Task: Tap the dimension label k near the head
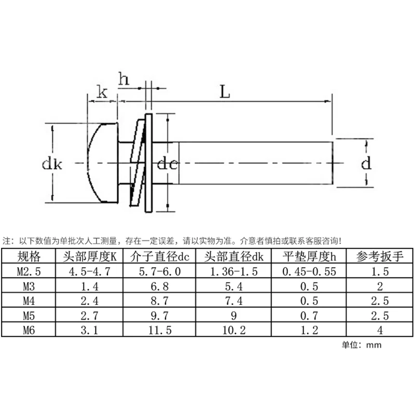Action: pos(103,93)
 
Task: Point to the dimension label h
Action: pos(124,79)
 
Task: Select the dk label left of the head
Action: pos(52,165)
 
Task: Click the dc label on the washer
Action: pos(167,165)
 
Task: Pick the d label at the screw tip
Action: pos(366,164)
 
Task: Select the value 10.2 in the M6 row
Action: pos(234,329)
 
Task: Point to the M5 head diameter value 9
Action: pos(234,314)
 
